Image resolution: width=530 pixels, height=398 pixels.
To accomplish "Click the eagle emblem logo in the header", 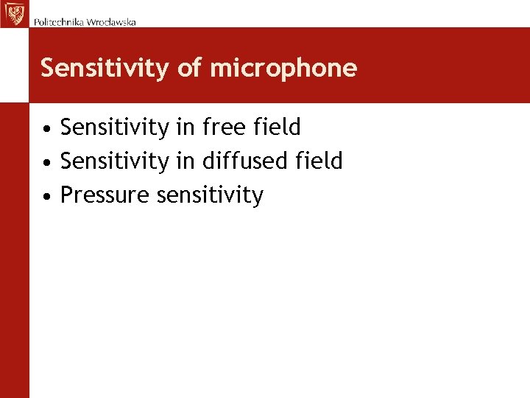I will coord(14,14).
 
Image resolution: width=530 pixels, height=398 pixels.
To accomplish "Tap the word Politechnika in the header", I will coord(59,22).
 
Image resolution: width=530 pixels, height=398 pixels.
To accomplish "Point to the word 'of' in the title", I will coord(189,69).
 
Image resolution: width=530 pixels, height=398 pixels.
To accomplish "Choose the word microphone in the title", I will coord(283,69).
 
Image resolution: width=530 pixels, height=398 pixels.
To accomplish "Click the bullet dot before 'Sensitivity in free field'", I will coord(46,129).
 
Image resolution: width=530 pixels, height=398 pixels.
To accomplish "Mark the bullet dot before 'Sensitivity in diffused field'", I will coord(46,162).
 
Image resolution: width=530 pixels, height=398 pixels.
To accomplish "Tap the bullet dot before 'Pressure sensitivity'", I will coord(46,196).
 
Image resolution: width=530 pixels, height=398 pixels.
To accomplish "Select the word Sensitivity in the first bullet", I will coord(114,128).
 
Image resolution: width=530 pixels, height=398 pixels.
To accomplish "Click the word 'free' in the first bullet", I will coord(222,127).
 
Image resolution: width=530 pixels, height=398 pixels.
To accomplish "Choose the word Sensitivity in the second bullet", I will coord(114,161).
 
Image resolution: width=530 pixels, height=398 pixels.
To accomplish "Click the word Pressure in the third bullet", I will coord(105,195).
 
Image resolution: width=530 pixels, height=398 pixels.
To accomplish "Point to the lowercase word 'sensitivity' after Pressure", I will coord(211,195).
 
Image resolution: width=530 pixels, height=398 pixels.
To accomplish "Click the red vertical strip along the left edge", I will coord(14,251).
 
